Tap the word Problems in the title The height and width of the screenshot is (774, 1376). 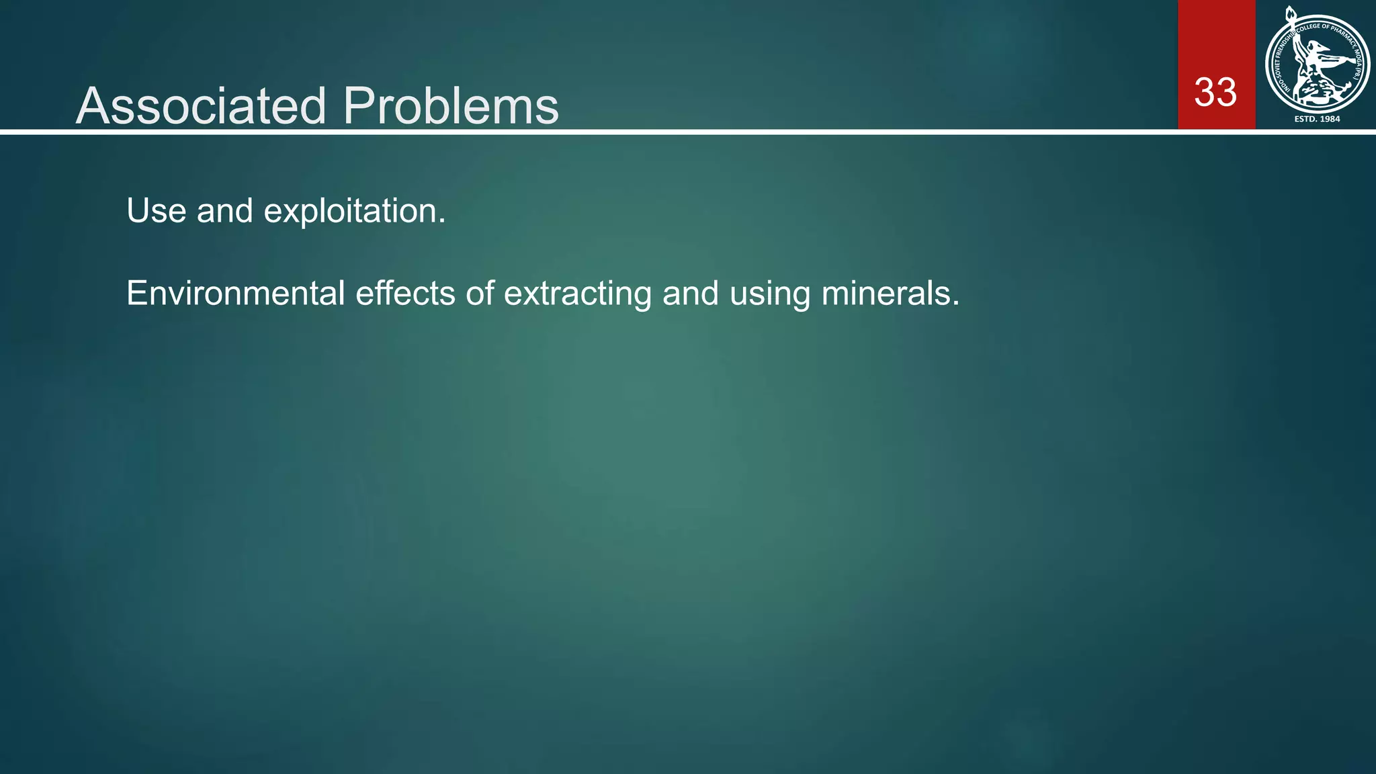450,106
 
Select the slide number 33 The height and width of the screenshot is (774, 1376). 1215,93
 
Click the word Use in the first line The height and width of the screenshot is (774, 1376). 156,211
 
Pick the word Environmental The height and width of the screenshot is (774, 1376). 235,294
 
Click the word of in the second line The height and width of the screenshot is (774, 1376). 480,294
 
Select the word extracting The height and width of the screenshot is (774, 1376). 578,294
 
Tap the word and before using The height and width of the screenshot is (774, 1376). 691,294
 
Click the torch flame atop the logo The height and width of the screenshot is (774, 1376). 1290,13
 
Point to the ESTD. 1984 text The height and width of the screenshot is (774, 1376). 1317,119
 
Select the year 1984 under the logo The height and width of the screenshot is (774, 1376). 1330,119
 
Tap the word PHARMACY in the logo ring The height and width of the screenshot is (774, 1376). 1342,34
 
